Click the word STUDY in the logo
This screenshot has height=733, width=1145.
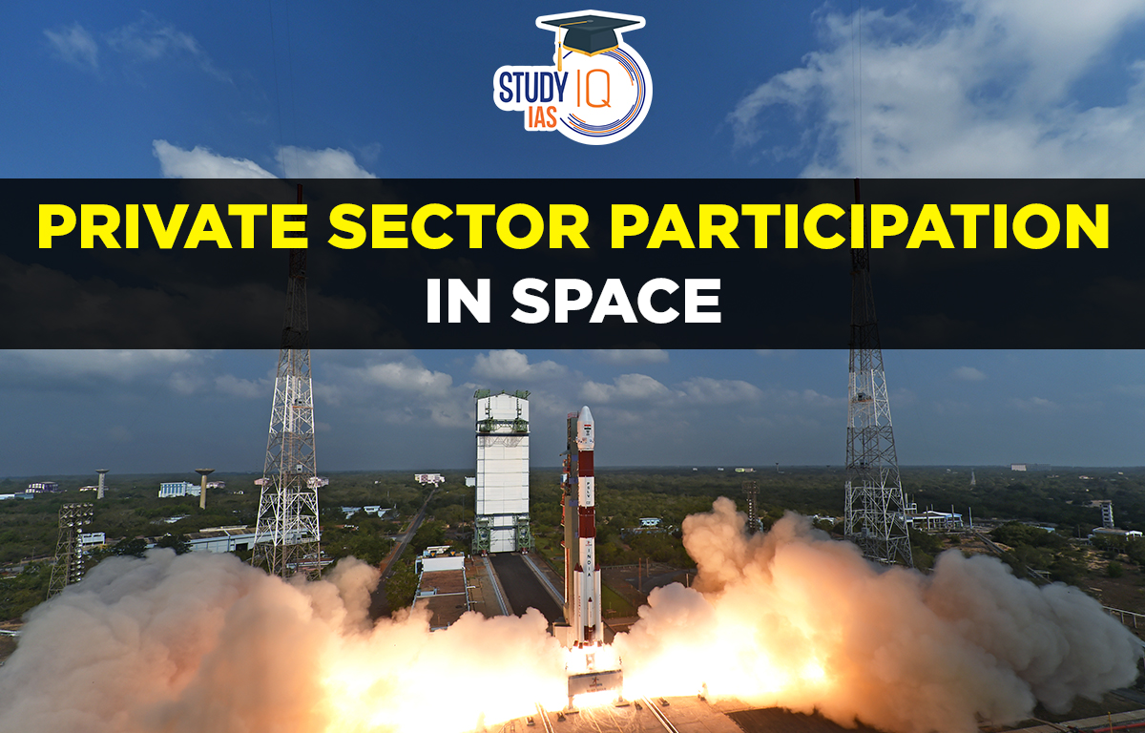[x=532, y=87]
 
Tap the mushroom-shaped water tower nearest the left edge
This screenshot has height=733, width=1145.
[x=101, y=482]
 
